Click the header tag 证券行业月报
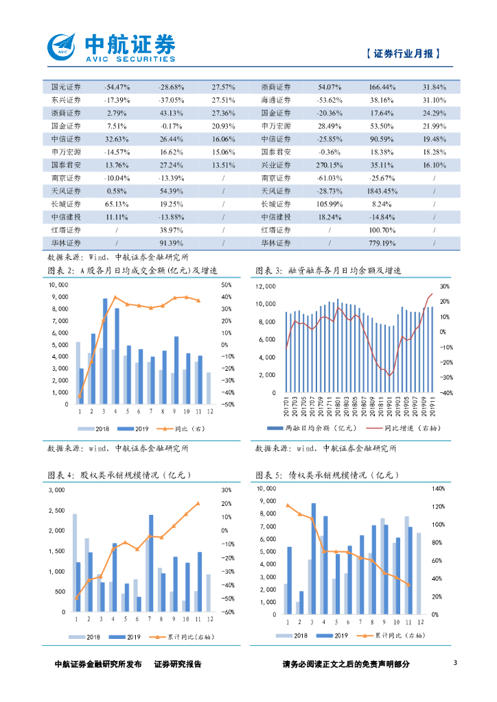[402, 53]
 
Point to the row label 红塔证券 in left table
[66, 230]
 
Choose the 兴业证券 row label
[276, 165]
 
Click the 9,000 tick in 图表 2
[59, 297]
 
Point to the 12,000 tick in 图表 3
[265, 286]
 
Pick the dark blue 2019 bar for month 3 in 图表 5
[313, 557]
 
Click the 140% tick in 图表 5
[437, 489]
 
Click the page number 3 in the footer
[455, 662]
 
